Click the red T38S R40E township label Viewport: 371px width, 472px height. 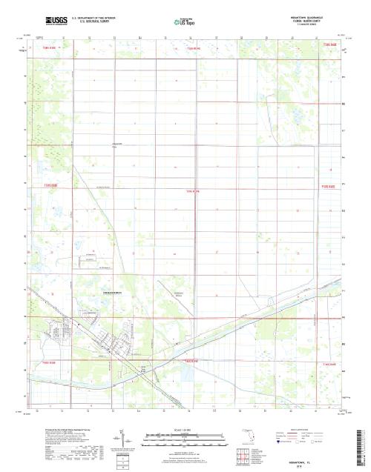329,46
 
